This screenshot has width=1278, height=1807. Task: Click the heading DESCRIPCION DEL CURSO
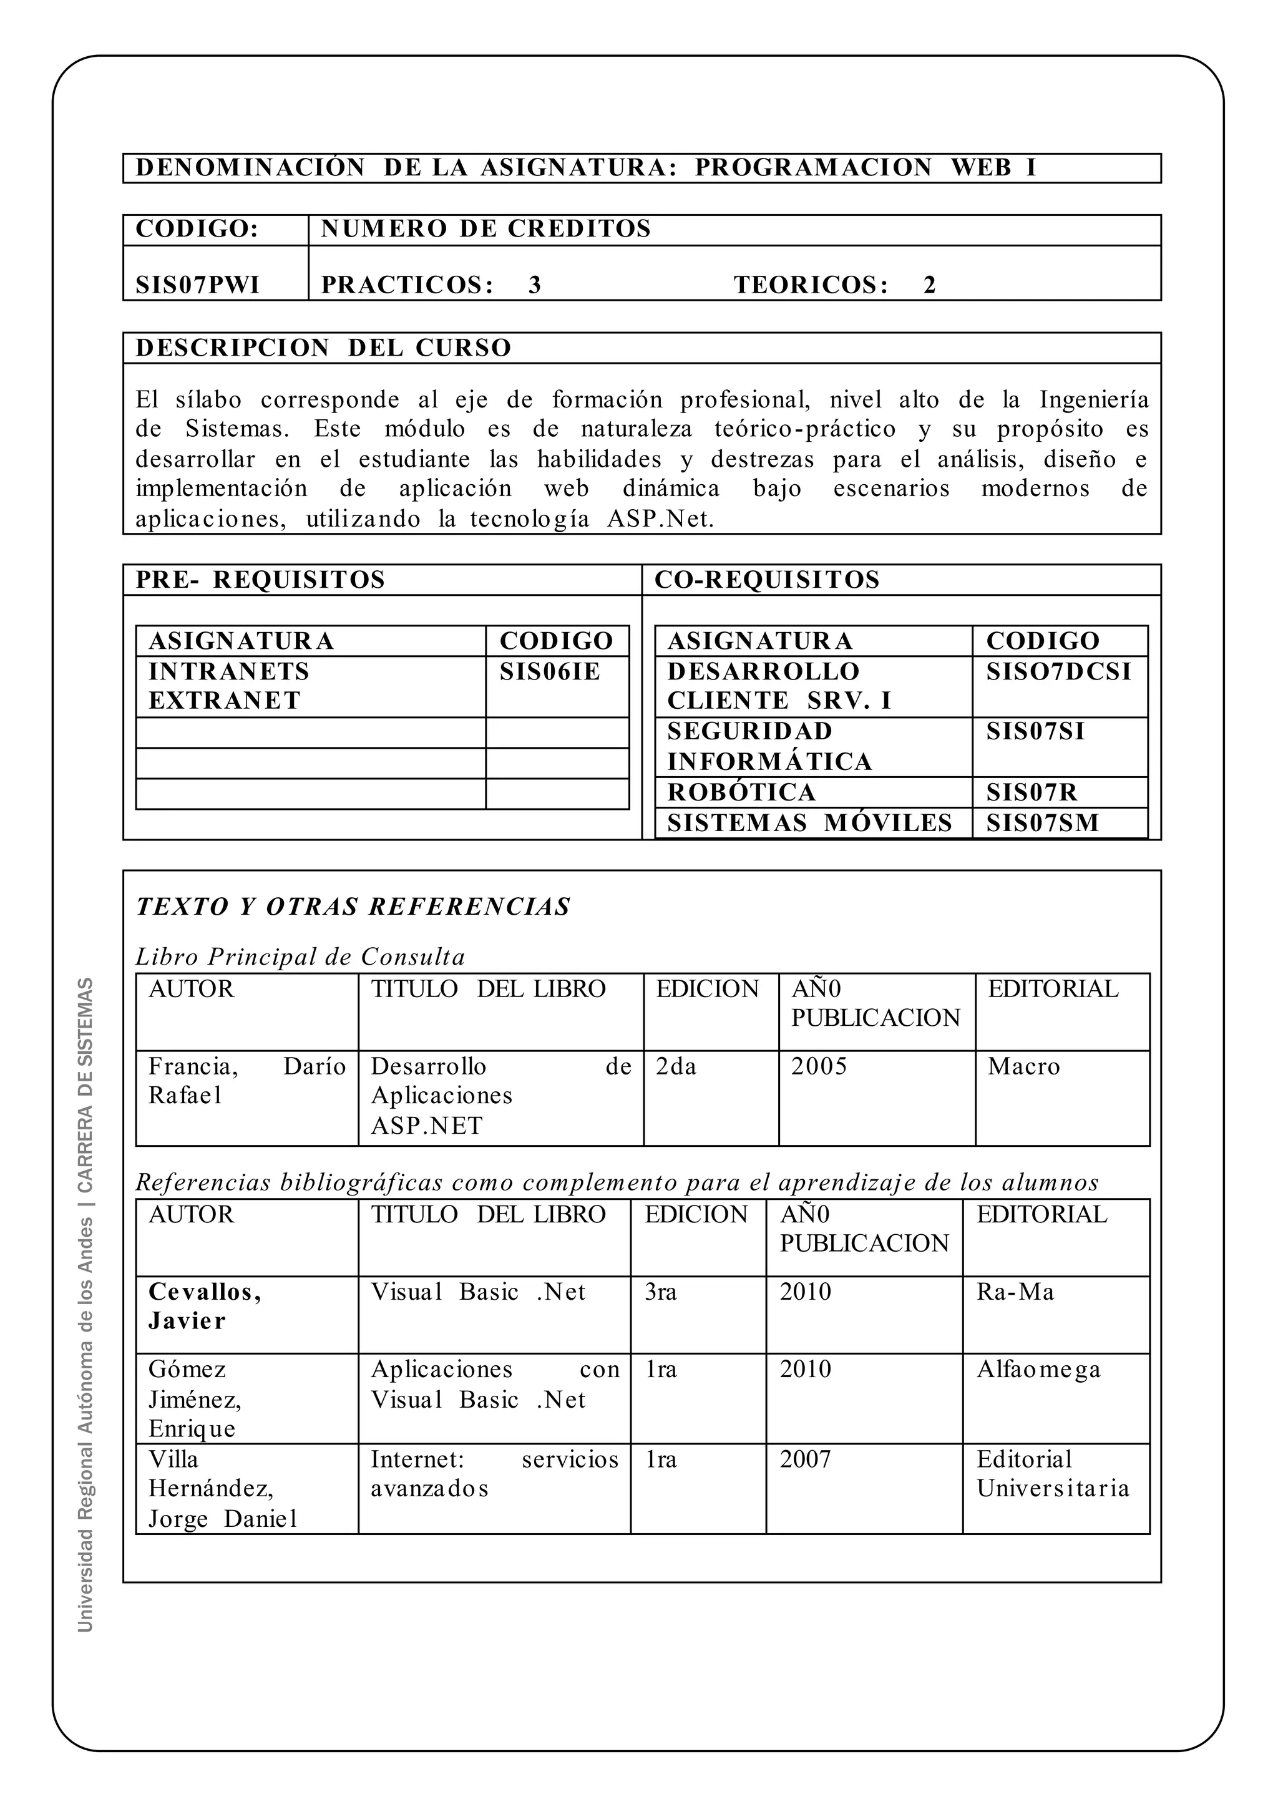tap(323, 348)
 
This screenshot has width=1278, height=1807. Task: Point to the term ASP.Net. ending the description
tap(660, 519)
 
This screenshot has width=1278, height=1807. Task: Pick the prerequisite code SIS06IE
tap(549, 671)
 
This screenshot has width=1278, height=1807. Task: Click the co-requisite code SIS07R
tap(1031, 792)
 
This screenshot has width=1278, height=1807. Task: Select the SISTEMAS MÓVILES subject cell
tap(810, 823)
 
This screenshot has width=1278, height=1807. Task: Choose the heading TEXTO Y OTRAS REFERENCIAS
tap(353, 907)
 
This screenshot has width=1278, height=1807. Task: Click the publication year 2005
tap(819, 1066)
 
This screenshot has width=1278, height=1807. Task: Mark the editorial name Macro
tap(1024, 1066)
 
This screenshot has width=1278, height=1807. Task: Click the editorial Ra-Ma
tap(1015, 1292)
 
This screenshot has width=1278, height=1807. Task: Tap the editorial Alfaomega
tap(1039, 1370)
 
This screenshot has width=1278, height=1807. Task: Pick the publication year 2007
tap(805, 1459)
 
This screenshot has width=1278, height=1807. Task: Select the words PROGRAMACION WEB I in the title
tap(866, 168)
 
